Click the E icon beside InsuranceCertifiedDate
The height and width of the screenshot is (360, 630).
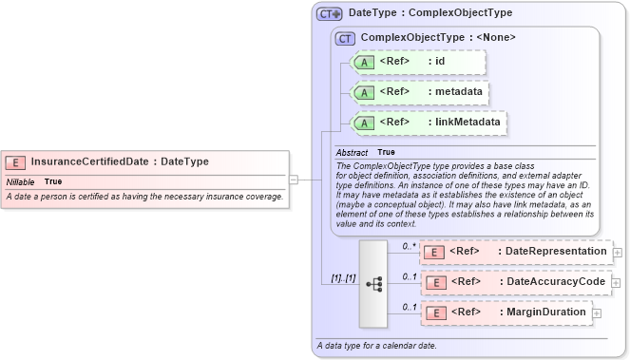[16, 161]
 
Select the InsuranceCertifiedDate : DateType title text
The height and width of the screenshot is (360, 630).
[120, 161]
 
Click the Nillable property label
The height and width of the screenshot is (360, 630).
[21, 180]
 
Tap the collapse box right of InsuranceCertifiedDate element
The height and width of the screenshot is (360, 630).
[294, 178]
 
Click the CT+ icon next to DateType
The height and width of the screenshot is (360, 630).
[330, 13]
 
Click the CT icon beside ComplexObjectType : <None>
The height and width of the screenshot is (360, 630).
[346, 38]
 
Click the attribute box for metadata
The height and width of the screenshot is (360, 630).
[420, 92]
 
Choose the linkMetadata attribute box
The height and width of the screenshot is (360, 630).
[429, 123]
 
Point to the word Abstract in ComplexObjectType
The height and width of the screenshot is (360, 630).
[352, 152]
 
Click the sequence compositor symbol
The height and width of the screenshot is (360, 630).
[373, 282]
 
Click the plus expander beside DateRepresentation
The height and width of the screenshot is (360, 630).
[618, 253]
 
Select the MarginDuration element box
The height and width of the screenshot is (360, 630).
[506, 313]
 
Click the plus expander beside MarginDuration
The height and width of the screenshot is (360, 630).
[597, 313]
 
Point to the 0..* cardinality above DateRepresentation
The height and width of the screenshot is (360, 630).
[409, 245]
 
